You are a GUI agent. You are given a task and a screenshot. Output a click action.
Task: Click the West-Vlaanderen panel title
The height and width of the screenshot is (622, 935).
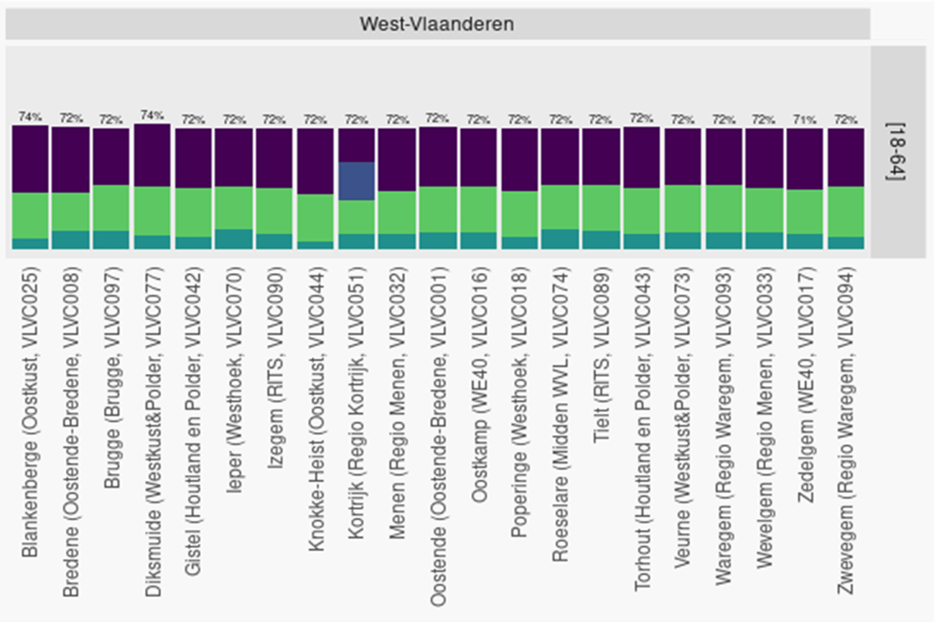click(437, 23)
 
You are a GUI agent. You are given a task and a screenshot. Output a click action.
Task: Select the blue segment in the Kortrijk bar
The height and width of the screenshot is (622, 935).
click(357, 181)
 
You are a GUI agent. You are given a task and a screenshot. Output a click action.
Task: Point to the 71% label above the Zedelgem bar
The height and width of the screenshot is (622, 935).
click(804, 120)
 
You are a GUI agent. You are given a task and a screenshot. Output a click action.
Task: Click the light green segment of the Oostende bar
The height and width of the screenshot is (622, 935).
click(439, 210)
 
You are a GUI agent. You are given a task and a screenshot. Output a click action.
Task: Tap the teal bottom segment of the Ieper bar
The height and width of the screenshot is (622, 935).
click(234, 239)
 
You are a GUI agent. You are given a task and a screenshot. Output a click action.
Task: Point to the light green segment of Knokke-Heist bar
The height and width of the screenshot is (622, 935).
click(316, 218)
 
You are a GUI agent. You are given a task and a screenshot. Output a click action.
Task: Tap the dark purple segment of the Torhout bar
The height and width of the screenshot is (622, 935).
click(642, 157)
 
